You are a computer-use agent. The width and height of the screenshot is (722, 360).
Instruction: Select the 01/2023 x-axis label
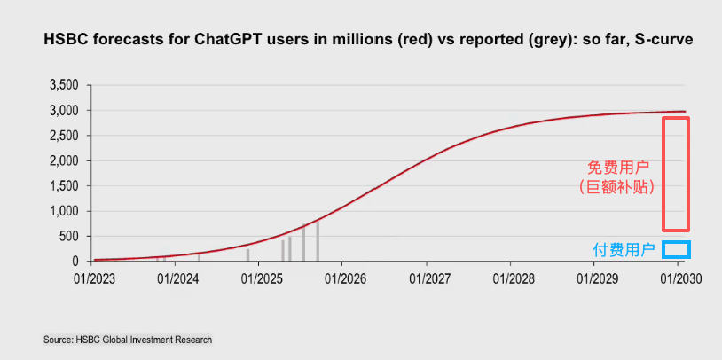(93, 278)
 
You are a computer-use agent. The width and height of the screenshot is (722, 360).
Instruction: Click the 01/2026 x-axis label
(343, 278)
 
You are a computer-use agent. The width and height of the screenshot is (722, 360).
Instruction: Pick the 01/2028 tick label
(510, 278)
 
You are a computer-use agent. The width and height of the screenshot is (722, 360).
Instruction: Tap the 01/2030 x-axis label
(678, 278)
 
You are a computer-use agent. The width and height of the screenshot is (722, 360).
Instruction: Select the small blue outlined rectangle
(676, 249)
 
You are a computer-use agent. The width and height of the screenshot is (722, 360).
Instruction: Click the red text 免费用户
(620, 167)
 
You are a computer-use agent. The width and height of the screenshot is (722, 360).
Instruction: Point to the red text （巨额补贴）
(620, 186)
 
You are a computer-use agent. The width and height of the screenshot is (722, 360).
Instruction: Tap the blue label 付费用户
(625, 250)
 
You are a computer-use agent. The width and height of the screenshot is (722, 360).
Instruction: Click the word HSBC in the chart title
(61, 40)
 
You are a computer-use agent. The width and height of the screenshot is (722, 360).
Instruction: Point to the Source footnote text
(128, 340)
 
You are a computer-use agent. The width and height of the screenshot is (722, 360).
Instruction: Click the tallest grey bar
(317, 241)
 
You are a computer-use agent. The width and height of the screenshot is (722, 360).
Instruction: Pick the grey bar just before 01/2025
(247, 254)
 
